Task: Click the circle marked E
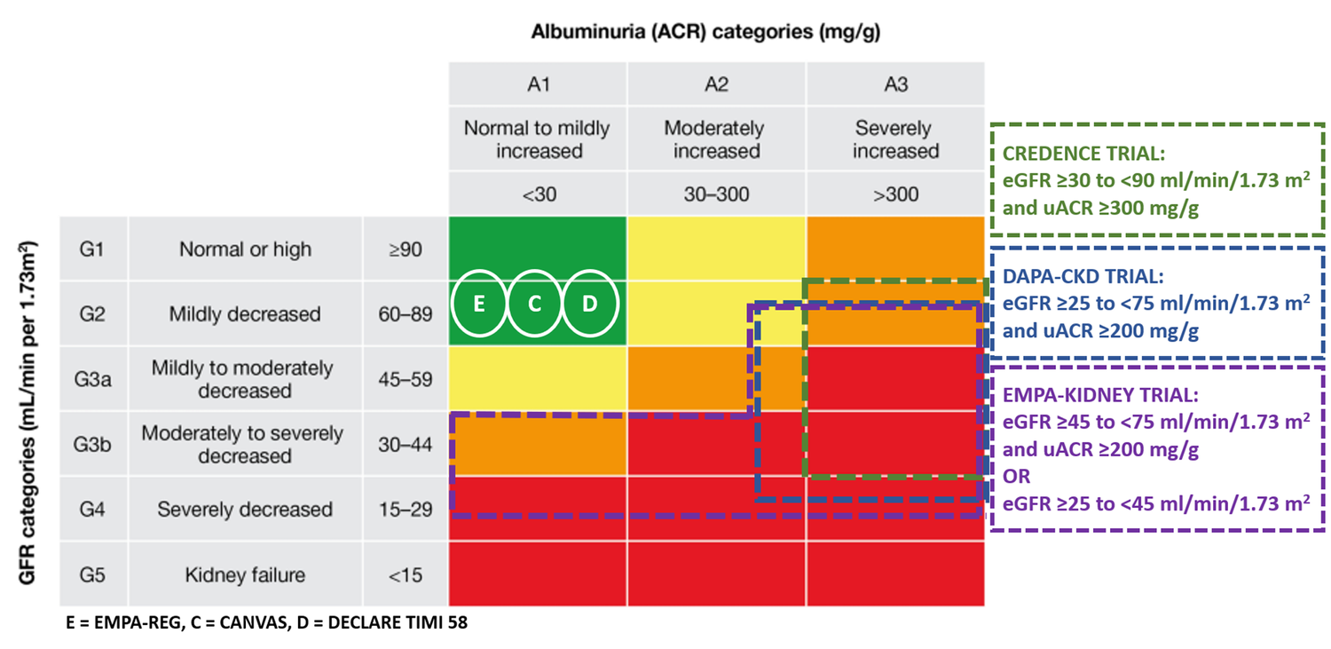[479, 304]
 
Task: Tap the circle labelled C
[535, 304]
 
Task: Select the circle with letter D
[590, 304]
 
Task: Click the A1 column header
[538, 85]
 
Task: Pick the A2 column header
[716, 85]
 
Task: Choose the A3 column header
[895, 85]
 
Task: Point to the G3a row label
[92, 379]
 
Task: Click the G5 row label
[92, 574]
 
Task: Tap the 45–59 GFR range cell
[405, 379]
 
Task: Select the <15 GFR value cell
[405, 575]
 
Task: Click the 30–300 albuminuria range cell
[716, 195]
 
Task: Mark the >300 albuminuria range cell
[895, 195]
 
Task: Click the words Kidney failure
[245, 574]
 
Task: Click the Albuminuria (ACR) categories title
[711, 34]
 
